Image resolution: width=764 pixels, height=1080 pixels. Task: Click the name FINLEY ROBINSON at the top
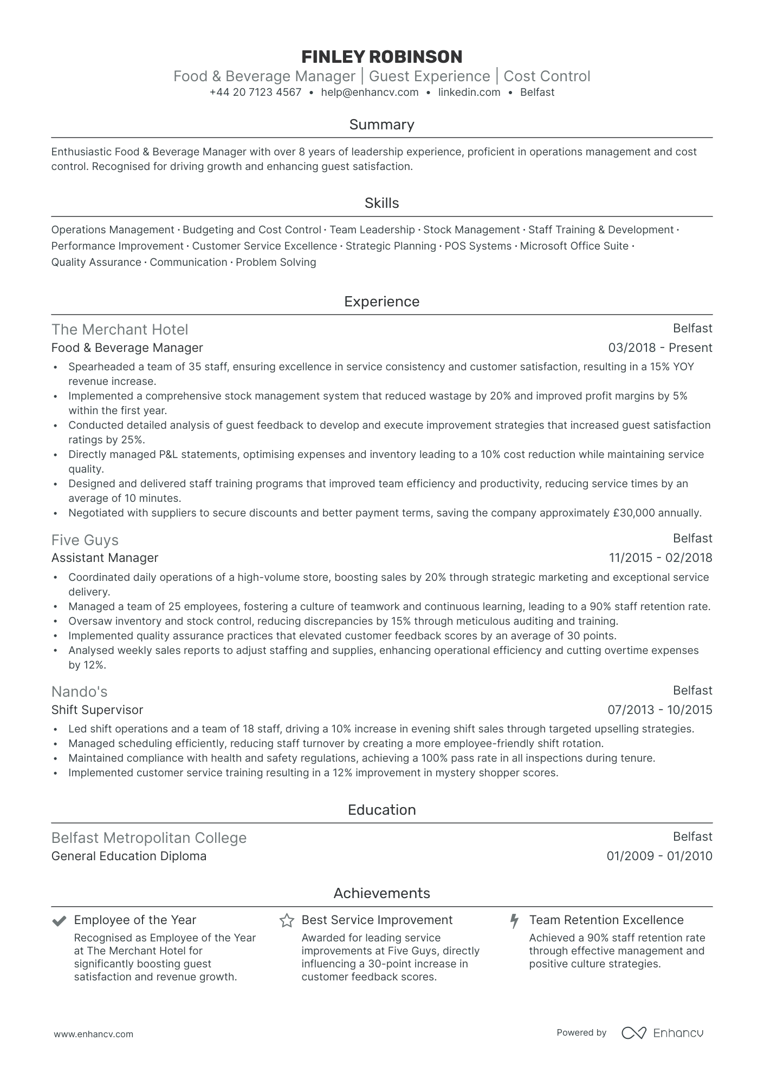coord(381,56)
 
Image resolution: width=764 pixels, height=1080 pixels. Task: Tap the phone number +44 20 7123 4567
coord(255,92)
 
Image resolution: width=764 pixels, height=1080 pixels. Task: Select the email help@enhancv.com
coord(370,92)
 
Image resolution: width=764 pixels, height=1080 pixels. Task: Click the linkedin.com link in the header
coord(469,92)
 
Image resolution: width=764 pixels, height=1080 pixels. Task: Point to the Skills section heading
coord(381,203)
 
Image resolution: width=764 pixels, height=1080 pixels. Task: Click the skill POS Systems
coord(478,246)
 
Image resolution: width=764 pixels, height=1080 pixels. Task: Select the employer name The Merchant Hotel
coord(120,329)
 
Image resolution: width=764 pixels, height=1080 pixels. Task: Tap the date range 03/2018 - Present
coord(660,348)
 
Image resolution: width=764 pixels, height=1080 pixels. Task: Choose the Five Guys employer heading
coord(85,540)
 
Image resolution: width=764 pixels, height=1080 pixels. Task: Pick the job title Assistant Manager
coord(105,558)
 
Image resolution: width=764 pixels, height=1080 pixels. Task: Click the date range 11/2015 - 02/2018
coord(660,558)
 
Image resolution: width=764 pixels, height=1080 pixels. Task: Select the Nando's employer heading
coord(79,691)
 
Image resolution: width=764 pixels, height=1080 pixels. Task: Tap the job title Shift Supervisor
coord(97,710)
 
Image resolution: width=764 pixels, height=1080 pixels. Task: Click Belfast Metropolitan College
coord(149,837)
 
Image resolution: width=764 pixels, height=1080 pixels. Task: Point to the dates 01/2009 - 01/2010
coord(659,856)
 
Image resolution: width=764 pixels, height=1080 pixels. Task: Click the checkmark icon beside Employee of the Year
coord(59,920)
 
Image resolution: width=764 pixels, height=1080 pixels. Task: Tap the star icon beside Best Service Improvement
coord(287,920)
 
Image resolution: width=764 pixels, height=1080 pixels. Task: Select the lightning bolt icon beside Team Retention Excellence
coord(515,920)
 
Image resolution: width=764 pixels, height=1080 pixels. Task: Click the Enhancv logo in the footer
coord(662,1033)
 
